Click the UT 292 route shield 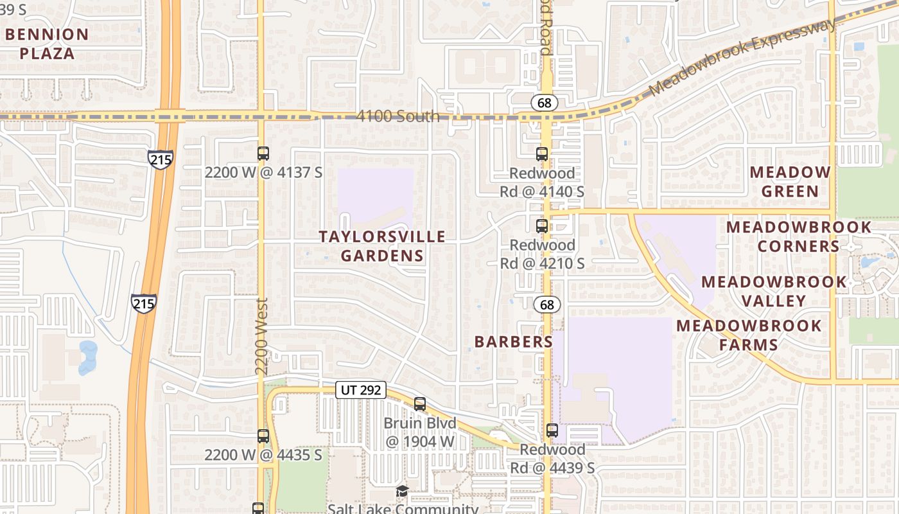pos(360,389)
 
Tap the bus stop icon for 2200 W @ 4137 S pos(263,154)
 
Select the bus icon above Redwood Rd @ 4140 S pos(542,154)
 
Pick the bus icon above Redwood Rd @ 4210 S pos(542,226)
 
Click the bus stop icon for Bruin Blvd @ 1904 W pos(420,404)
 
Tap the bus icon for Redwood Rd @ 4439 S pos(552,430)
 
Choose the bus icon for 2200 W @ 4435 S pos(263,436)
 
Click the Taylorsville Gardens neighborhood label pos(382,246)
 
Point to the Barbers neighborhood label pos(514,342)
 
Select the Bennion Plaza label pos(46,44)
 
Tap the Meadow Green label pos(790,182)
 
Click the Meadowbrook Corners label pos(799,236)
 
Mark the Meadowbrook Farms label pos(749,335)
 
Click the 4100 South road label pos(398,116)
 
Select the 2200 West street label pos(261,336)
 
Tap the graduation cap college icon pos(402,492)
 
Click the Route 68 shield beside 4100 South pos(544,102)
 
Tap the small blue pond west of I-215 pos(88,357)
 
